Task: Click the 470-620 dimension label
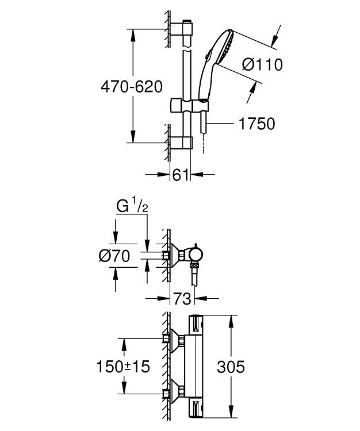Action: click(x=132, y=87)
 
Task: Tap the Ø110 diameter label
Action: click(x=262, y=65)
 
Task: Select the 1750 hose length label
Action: click(x=257, y=124)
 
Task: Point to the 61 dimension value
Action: click(x=180, y=175)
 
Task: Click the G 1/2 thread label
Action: click(x=132, y=206)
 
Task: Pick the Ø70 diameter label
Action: click(x=114, y=256)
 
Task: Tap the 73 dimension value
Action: click(x=182, y=298)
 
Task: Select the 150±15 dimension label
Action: click(x=123, y=367)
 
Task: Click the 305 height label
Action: click(x=231, y=367)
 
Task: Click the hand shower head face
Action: click(x=226, y=47)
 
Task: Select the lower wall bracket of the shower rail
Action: click(x=181, y=143)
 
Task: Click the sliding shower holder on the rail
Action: click(x=189, y=105)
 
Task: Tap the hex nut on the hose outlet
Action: click(x=195, y=265)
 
